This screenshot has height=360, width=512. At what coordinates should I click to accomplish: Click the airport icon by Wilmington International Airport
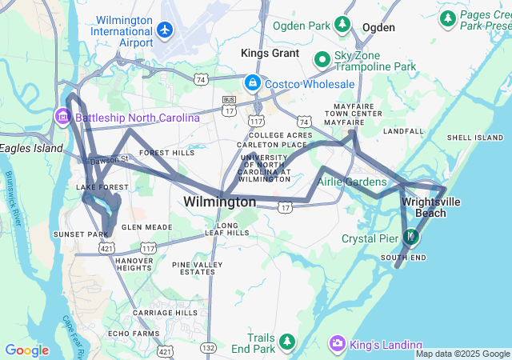(x=166, y=30)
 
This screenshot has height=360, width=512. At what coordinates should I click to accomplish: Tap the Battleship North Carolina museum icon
(x=62, y=118)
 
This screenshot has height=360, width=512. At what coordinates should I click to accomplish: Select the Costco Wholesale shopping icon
(x=252, y=82)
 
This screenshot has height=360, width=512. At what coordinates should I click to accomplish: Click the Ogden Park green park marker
(x=342, y=25)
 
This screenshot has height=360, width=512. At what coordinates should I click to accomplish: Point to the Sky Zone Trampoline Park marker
(x=322, y=59)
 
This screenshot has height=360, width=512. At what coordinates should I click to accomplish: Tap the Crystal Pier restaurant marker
(x=410, y=237)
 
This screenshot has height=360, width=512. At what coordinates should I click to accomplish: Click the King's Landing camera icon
(x=338, y=343)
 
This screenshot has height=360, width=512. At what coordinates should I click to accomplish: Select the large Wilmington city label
(x=219, y=202)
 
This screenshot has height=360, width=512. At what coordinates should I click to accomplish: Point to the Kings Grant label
(x=270, y=54)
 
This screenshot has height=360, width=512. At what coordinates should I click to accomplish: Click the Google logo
(x=26, y=350)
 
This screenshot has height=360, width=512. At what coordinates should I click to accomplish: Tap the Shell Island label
(x=474, y=138)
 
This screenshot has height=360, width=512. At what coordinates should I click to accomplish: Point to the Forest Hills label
(x=166, y=152)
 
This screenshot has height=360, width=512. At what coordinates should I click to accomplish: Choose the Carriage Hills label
(x=165, y=312)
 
